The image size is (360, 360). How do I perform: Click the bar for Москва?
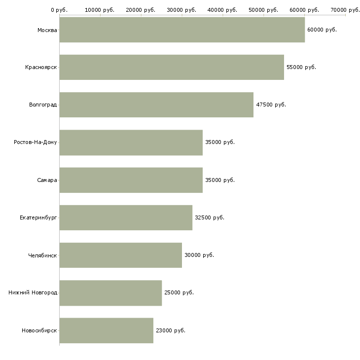182,30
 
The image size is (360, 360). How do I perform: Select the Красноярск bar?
172,67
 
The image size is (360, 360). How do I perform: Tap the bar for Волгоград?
156,105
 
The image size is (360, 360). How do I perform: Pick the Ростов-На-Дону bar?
131,143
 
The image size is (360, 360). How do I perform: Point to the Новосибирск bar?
106,330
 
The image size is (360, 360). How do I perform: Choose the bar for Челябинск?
120,255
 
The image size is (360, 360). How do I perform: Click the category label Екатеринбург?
38,217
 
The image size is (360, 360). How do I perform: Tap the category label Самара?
47,180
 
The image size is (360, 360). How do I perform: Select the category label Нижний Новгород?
33,292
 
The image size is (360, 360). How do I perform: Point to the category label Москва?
47,30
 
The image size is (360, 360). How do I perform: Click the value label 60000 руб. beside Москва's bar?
322,30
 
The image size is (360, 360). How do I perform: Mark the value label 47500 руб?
271,105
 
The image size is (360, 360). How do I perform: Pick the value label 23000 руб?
170,330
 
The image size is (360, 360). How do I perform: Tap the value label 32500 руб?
209,217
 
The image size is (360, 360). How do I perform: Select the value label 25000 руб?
179,292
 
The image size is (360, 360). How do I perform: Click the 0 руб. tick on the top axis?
59,10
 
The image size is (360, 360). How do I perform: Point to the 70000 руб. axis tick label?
345,10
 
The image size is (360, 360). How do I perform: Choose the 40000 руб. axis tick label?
222,10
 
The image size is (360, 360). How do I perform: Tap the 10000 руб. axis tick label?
100,10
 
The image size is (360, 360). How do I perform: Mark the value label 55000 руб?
301,67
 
